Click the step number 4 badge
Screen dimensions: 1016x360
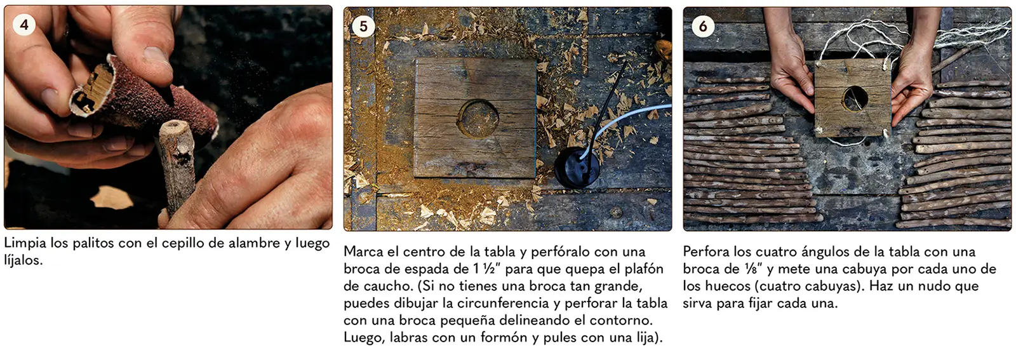24,25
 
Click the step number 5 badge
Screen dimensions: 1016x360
363,26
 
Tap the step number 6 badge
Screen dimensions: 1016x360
703,26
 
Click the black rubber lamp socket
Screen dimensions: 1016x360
577,168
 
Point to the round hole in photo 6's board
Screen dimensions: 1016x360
855,98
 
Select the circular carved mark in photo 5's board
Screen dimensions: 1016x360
478,119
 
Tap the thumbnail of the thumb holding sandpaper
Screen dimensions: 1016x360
156,56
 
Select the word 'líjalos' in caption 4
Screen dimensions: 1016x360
23,260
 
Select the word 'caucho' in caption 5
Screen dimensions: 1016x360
386,286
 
